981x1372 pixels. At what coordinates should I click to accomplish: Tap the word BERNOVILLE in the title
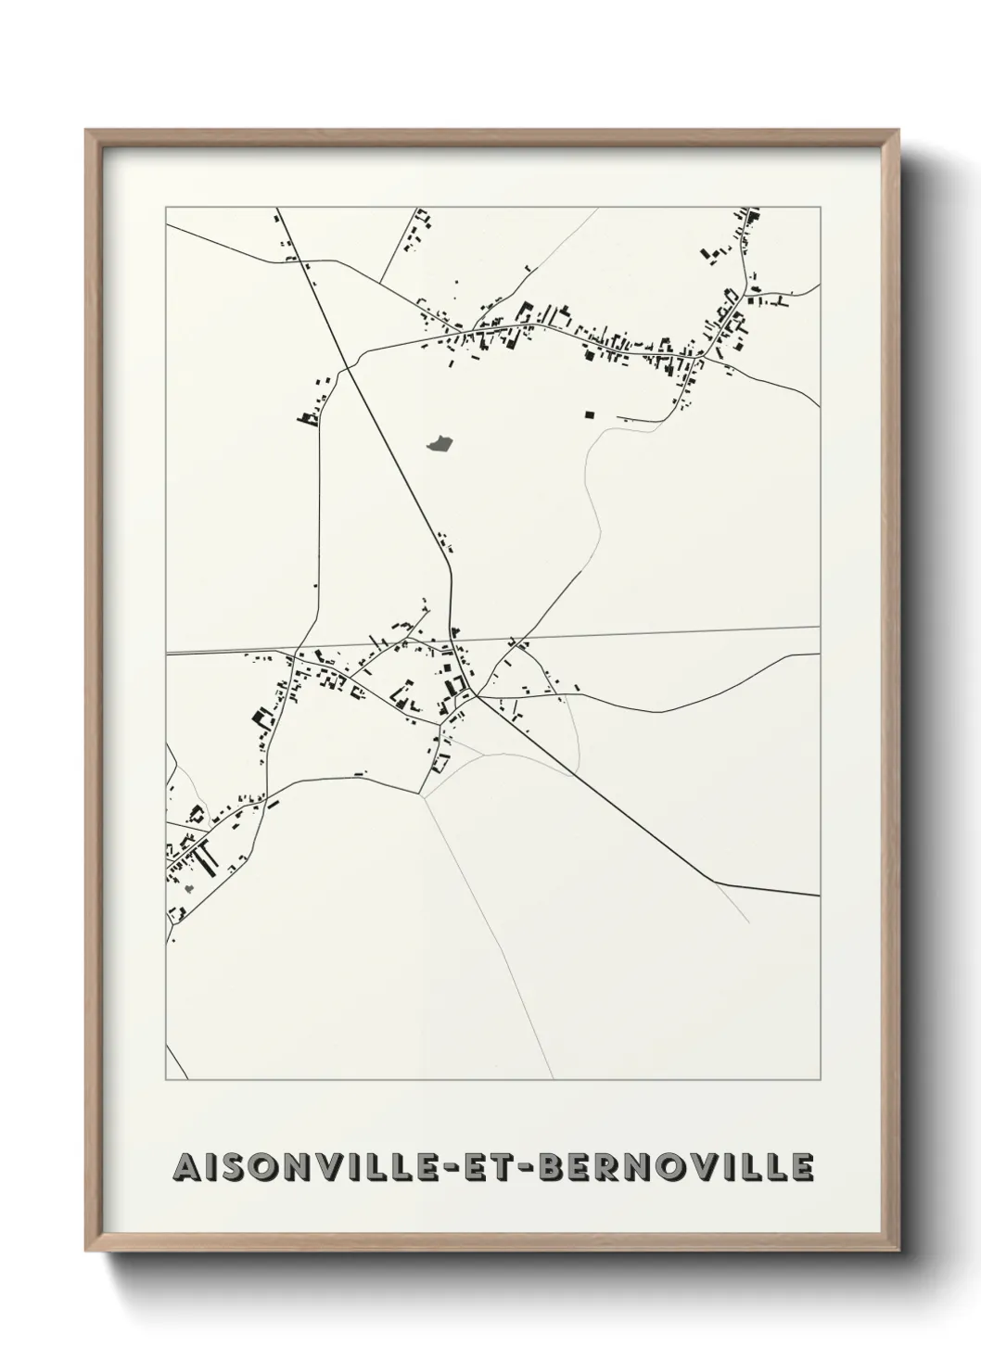[x=676, y=1167]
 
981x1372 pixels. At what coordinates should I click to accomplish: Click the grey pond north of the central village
[x=439, y=445]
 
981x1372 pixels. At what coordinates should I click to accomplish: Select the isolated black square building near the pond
[x=589, y=414]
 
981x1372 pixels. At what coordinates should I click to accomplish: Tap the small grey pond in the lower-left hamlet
[x=189, y=888]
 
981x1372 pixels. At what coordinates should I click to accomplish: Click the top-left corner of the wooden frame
[x=87, y=131]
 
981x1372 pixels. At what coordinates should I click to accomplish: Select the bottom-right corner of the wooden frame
[x=898, y=1253]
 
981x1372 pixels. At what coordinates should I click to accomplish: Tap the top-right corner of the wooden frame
[x=898, y=131]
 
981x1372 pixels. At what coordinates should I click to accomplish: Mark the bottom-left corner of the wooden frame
[x=87, y=1253]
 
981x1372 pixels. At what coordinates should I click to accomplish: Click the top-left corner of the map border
[x=166, y=208]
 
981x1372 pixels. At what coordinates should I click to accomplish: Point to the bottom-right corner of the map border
[x=821, y=1080]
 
